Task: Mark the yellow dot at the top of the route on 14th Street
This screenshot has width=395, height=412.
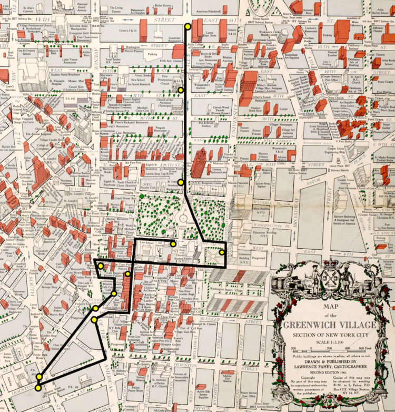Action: click(187, 25)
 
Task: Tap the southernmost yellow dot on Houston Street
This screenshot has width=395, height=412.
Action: click(38, 388)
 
